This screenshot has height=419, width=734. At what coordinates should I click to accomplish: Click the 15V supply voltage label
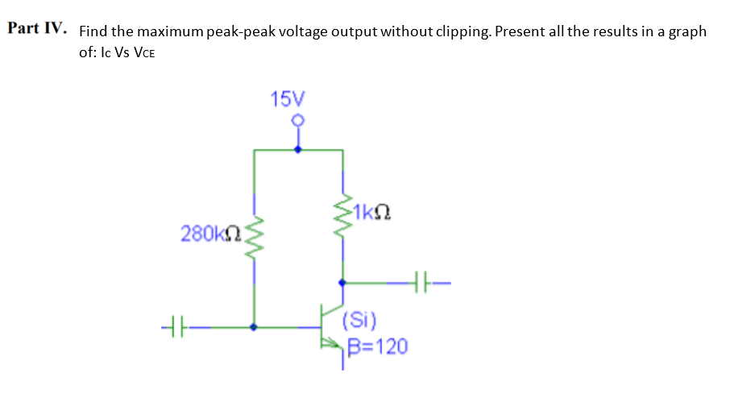[x=288, y=99]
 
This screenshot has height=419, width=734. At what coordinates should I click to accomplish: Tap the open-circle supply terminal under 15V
[x=298, y=121]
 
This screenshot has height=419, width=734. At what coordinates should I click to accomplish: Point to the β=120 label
[x=378, y=346]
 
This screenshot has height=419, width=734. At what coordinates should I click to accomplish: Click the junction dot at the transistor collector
[x=343, y=283]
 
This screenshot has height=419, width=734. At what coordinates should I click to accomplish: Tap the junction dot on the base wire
[x=255, y=328]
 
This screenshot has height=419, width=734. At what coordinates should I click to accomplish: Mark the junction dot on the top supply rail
[x=298, y=150]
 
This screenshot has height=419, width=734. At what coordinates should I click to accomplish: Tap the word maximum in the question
[x=170, y=32]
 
